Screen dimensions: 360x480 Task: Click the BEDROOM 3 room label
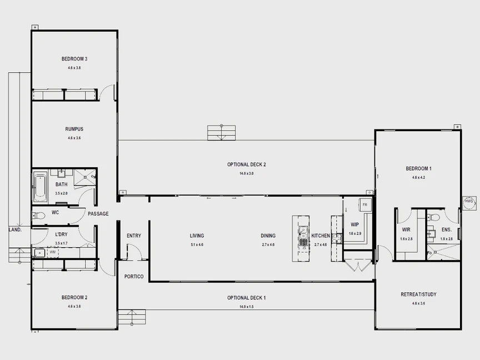click(74, 59)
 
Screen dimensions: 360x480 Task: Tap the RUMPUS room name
click(74, 129)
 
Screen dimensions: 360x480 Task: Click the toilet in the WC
click(37, 214)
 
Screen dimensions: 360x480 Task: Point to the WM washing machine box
click(53, 253)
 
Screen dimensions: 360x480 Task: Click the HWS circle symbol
click(469, 203)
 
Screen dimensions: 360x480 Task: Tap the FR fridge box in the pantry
click(365, 205)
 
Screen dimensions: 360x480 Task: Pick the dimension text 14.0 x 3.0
click(246, 174)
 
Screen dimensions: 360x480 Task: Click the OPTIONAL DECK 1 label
click(246, 298)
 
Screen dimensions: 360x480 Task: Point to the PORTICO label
click(134, 277)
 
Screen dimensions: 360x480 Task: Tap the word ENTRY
click(134, 236)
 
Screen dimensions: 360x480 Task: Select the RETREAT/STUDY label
click(418, 294)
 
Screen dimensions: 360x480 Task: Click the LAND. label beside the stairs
click(14, 229)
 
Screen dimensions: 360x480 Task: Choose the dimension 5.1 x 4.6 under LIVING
click(197, 244)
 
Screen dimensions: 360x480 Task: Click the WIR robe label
click(406, 229)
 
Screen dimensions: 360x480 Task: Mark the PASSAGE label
click(98, 214)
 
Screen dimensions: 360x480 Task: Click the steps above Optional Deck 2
click(222, 133)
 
